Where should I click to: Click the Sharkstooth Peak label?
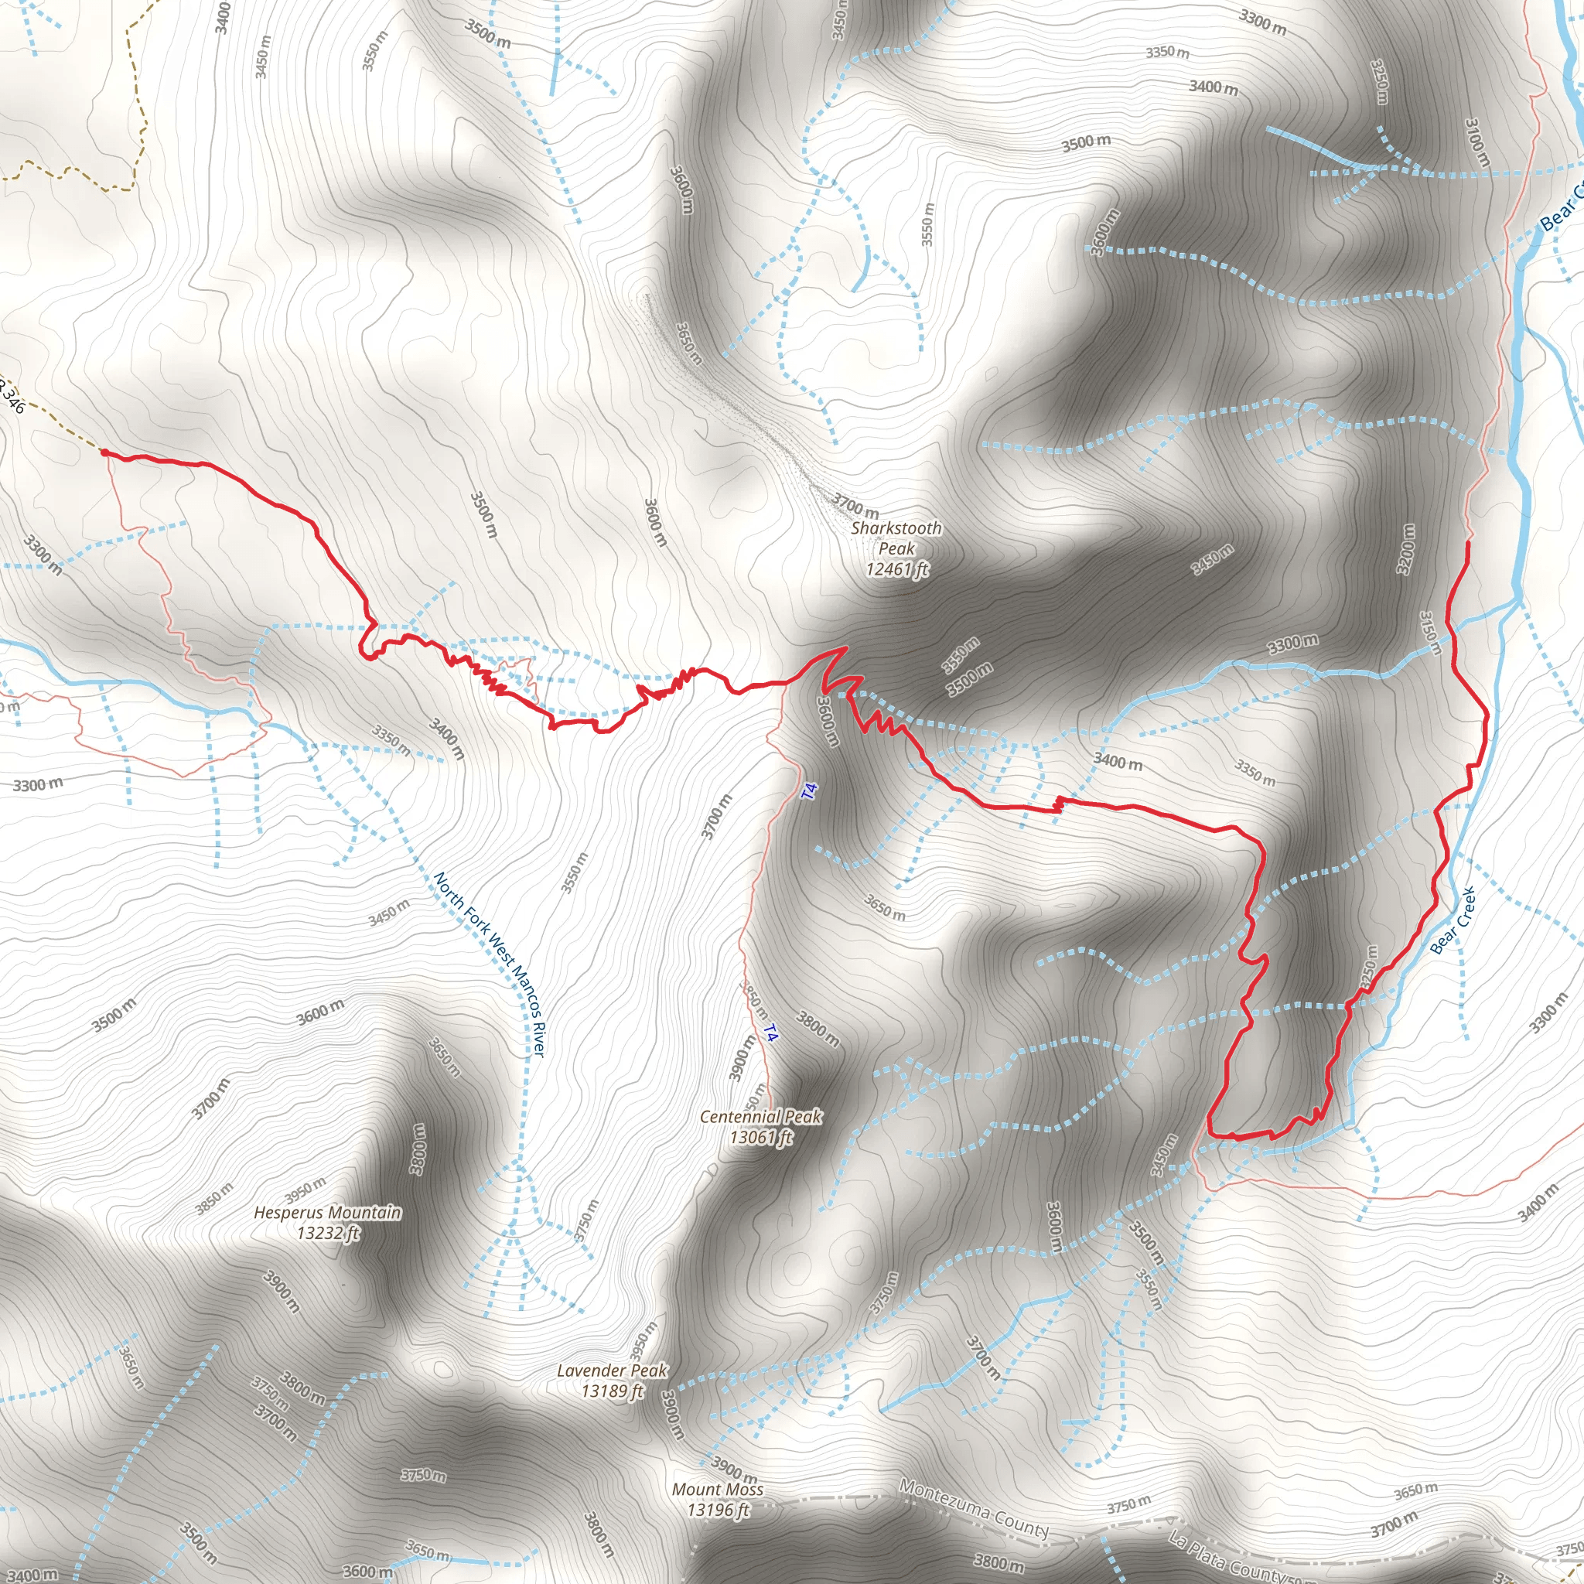coord(896,538)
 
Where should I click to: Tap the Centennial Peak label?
coord(760,1117)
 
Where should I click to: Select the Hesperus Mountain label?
coord(327,1213)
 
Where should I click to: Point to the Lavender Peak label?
coord(612,1371)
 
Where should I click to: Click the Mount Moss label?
coord(718,1490)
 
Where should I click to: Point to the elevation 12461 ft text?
coord(898,569)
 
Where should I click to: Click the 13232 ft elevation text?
coord(328,1233)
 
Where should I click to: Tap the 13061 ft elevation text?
coord(762,1137)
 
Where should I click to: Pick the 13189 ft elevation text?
coord(613,1391)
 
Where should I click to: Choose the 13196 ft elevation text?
coord(719,1511)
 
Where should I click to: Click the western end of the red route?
coord(104,451)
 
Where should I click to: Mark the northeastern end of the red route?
coord(1466,542)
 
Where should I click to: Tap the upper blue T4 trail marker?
coord(809,791)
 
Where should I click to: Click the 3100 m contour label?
coord(1476,142)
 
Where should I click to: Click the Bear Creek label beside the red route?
coord(1453,920)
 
